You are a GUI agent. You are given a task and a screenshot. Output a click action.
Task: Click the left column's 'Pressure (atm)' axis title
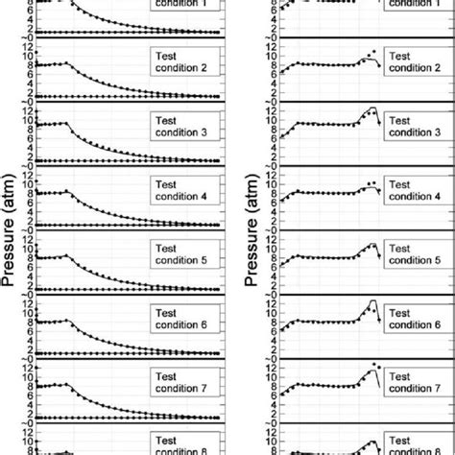(12, 227)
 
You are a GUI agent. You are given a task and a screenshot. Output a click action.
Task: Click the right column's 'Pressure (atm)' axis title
(251, 227)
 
